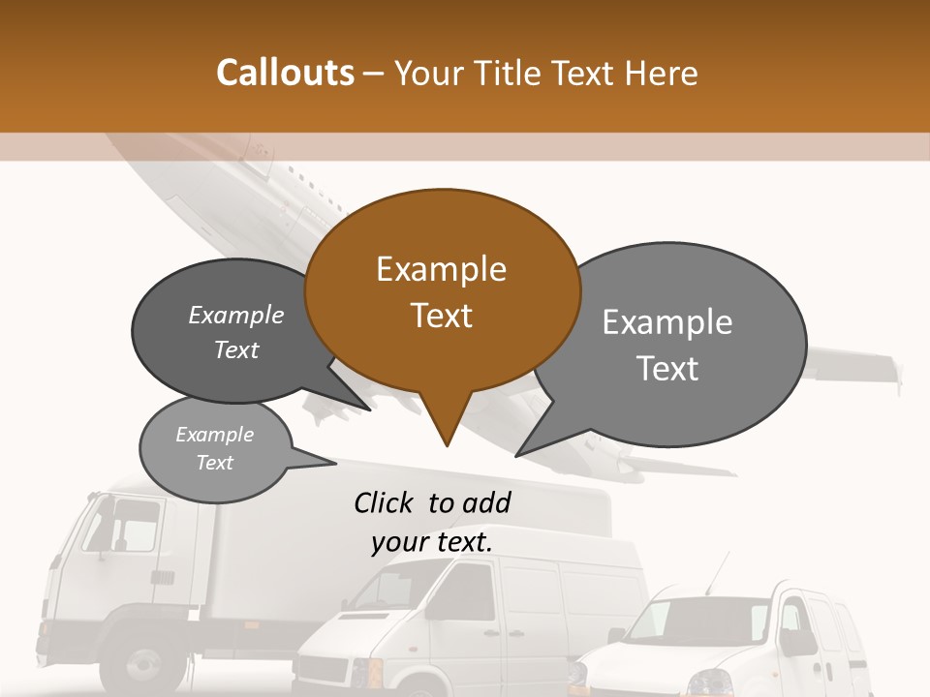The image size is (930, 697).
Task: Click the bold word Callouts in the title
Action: [x=285, y=73]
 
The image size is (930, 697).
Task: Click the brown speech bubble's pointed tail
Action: [x=446, y=426]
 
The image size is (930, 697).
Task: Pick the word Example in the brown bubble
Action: [x=441, y=268]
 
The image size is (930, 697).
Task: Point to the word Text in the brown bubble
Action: [x=441, y=316]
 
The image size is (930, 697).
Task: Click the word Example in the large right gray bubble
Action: [x=666, y=321]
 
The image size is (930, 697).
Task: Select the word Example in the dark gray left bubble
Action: [x=235, y=315]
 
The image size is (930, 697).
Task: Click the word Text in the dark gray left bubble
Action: [x=235, y=349]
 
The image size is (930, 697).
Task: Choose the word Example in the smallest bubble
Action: [x=214, y=435]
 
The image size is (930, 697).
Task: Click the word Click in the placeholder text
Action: [x=384, y=502]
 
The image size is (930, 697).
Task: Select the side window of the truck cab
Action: [x=131, y=528]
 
